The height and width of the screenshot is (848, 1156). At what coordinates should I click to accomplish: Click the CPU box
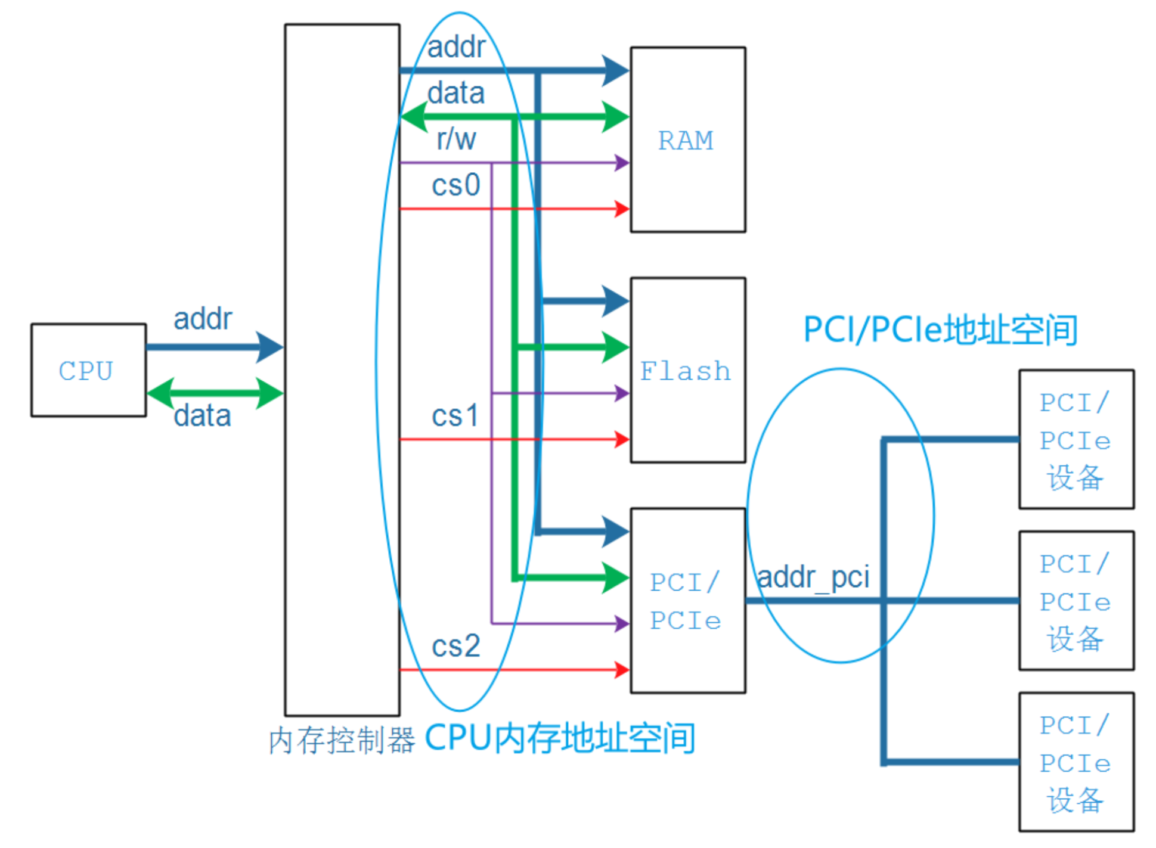(x=88, y=370)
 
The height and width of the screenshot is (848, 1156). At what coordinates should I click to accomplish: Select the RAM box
(x=687, y=139)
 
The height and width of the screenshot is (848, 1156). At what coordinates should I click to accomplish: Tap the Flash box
(x=687, y=369)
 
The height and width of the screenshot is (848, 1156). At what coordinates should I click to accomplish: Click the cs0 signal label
(x=455, y=185)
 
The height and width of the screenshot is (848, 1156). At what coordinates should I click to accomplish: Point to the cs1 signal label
(x=455, y=415)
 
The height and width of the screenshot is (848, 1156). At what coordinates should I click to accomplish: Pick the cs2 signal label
(x=455, y=646)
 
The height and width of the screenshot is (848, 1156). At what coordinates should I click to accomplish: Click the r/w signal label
(x=456, y=139)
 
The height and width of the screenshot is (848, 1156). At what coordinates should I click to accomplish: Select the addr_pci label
(x=813, y=577)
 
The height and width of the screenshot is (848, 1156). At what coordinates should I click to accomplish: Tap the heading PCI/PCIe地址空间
(x=940, y=330)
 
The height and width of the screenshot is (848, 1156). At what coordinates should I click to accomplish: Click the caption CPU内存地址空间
(x=560, y=738)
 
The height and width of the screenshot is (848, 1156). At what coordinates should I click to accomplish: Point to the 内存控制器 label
(x=342, y=741)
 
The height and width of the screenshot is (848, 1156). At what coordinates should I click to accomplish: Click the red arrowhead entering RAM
(x=622, y=209)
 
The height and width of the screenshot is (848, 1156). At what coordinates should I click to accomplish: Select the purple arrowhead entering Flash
(x=622, y=393)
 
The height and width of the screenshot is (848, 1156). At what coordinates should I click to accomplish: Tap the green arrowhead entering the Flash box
(x=615, y=347)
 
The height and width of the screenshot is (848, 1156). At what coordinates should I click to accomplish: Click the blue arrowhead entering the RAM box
(x=615, y=70)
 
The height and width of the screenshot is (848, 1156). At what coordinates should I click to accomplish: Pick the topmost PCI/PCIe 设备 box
(x=1076, y=439)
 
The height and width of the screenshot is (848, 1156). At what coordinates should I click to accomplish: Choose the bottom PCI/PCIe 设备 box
(x=1076, y=762)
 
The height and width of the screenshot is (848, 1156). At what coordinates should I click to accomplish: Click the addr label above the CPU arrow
(x=203, y=319)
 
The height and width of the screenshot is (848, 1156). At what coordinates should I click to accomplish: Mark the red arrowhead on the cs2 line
(x=622, y=670)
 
